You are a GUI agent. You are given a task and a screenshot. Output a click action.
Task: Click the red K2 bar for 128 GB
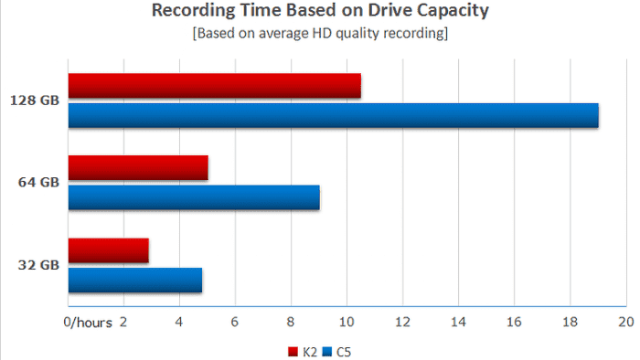[x=214, y=86]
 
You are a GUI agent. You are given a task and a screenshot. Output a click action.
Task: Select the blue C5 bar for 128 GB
[x=333, y=116]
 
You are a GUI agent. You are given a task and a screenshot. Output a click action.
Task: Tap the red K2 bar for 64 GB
[x=138, y=168]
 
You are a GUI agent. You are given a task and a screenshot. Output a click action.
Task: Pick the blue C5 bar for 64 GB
[x=194, y=198]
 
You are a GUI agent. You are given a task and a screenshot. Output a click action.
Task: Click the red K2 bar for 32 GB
[x=108, y=250]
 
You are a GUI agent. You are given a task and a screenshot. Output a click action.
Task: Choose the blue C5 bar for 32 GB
[x=134, y=281]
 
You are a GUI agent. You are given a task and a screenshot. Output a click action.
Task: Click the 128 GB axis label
[x=34, y=100]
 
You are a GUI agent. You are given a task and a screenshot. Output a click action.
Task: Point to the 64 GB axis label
[x=37, y=182]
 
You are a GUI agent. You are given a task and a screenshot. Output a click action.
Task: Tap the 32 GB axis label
[x=37, y=265]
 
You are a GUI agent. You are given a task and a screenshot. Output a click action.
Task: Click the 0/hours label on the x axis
[x=88, y=323]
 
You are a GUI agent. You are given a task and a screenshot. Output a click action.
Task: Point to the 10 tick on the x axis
[x=347, y=323]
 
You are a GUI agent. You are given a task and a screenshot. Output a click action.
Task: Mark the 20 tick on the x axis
[x=626, y=323]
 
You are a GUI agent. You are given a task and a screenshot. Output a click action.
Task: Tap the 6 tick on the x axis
[x=235, y=323]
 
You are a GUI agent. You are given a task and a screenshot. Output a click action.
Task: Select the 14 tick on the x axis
[x=458, y=323]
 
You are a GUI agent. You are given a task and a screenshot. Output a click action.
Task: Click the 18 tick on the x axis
[x=570, y=323]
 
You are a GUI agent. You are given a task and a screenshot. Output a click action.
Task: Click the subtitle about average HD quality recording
[x=320, y=35]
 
